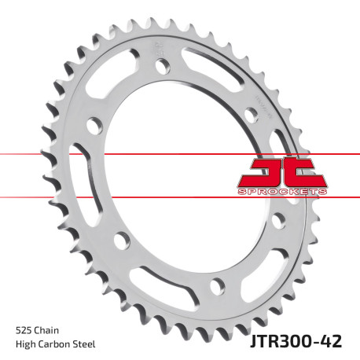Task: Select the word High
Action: tap(26, 343)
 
